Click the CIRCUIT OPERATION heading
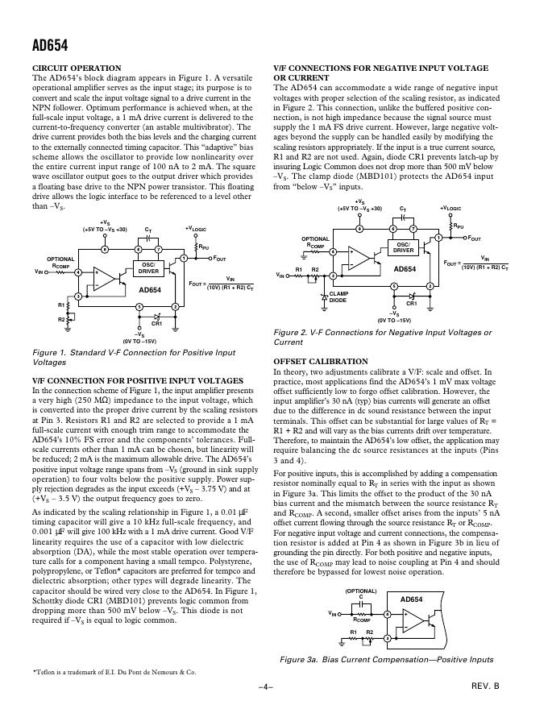[x=76, y=68]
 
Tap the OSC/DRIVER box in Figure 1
[x=148, y=267]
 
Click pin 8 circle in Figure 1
[x=105, y=250]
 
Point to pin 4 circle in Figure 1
[x=78, y=273]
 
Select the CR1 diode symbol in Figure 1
[x=157, y=314]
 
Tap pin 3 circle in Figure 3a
[x=386, y=639]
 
